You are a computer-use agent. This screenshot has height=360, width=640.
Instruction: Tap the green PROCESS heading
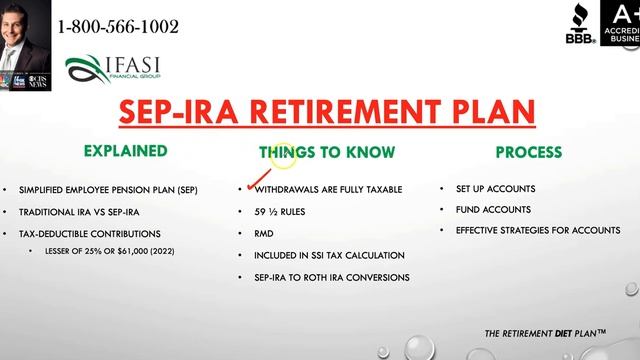(527, 152)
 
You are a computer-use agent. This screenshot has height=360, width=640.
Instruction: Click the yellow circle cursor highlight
(283, 154)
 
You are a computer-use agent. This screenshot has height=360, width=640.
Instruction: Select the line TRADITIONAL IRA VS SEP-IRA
(84, 211)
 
